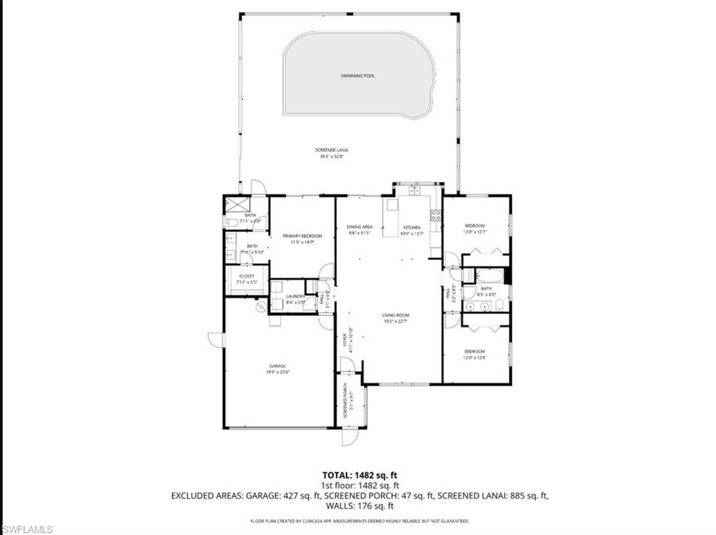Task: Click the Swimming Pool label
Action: coord(357,76)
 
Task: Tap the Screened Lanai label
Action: coord(334,153)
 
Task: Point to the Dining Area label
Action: coord(359,229)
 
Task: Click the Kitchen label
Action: coord(411,230)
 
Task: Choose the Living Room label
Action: coord(395,318)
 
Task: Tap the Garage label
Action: coord(278,369)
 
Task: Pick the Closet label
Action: coord(247,279)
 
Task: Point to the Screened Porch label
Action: coord(348,404)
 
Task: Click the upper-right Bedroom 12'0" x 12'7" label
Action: coord(475,229)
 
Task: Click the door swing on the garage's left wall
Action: coord(215,339)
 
